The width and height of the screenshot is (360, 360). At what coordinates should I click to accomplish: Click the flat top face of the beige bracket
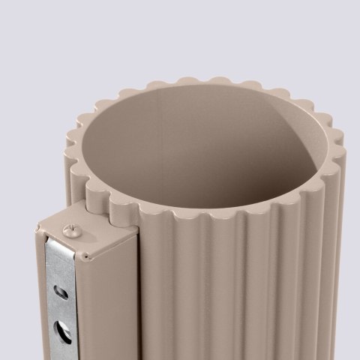pos(86,232)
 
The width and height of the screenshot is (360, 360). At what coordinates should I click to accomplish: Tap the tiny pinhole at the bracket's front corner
pos(88,256)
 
